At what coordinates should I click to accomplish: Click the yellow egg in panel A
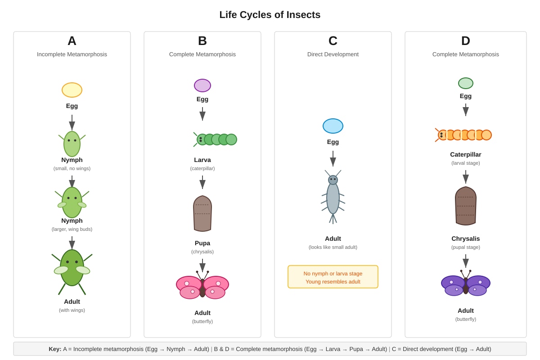pyautogui.click(x=72, y=90)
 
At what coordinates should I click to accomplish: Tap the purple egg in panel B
pyautogui.click(x=202, y=85)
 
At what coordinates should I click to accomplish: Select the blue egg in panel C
pyautogui.click(x=333, y=126)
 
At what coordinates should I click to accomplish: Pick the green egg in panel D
pyautogui.click(x=465, y=83)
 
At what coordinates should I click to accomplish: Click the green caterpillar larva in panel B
pyautogui.click(x=215, y=139)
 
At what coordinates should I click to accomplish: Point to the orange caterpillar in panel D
pyautogui.click(x=463, y=135)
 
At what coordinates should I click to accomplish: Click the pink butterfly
pyautogui.click(x=202, y=285)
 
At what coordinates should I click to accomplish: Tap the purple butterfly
pyautogui.click(x=465, y=283)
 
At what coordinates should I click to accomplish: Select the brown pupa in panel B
pyautogui.click(x=202, y=213)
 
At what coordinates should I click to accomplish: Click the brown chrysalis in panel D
pyautogui.click(x=465, y=206)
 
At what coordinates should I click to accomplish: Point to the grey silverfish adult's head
pyautogui.click(x=333, y=180)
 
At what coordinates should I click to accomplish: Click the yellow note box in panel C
pyautogui.click(x=333, y=277)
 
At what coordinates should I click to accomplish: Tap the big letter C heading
pyautogui.click(x=333, y=41)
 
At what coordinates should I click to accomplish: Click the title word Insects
pyautogui.click(x=303, y=15)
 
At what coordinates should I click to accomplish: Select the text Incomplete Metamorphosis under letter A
pyautogui.click(x=72, y=54)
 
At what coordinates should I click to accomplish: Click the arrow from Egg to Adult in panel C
pyautogui.click(x=333, y=158)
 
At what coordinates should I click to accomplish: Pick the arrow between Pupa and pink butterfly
pyautogui.click(x=202, y=265)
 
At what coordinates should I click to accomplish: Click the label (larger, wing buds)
pyautogui.click(x=72, y=229)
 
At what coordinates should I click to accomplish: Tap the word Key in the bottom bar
pyautogui.click(x=55, y=349)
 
